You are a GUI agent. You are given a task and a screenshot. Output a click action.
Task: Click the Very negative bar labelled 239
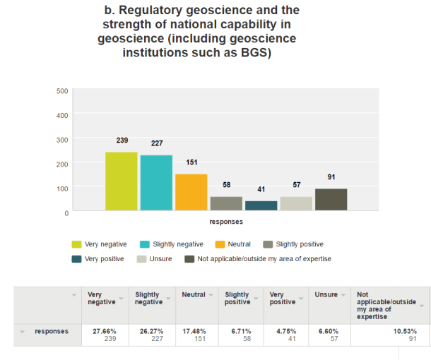pyautogui.click(x=121, y=181)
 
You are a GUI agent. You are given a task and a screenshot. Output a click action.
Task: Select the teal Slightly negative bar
pyautogui.click(x=156, y=183)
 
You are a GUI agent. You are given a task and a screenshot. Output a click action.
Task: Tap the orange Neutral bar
pyautogui.click(x=191, y=192)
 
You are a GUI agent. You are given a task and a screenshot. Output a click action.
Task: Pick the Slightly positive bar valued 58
pyautogui.click(x=226, y=203)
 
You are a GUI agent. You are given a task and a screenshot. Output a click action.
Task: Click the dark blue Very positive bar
pyautogui.click(x=261, y=205)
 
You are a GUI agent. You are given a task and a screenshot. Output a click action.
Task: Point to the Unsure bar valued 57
pyautogui.click(x=296, y=203)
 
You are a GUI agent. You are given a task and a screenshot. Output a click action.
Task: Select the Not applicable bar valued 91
pyautogui.click(x=331, y=199)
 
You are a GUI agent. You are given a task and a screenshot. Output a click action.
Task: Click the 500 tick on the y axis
pyautogui.click(x=62, y=91)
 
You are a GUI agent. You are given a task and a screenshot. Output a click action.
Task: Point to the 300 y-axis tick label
pyautogui.click(x=62, y=140)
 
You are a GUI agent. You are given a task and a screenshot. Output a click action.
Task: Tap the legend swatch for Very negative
pyautogui.click(x=76, y=244)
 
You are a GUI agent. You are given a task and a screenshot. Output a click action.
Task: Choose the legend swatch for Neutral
pyautogui.click(x=220, y=244)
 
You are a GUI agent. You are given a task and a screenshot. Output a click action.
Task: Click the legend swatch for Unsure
pyautogui.click(x=142, y=259)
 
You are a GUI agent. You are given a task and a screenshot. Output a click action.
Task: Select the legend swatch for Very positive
pyautogui.click(x=76, y=259)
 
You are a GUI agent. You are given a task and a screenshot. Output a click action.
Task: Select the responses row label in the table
pyautogui.click(x=52, y=330)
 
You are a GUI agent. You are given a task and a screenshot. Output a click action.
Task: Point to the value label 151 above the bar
pyautogui.click(x=191, y=162)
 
